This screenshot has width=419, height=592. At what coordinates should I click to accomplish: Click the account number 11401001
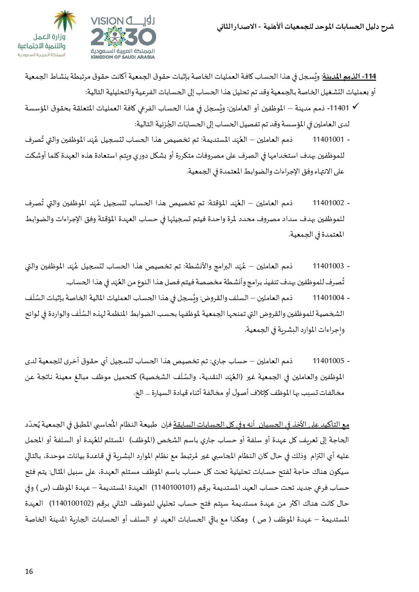[x=328, y=139]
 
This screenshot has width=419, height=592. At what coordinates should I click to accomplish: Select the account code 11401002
[x=328, y=203]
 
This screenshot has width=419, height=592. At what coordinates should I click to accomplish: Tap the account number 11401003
[x=328, y=266]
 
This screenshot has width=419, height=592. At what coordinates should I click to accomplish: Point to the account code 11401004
[x=328, y=298]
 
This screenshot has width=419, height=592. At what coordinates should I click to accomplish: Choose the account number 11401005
[x=328, y=361]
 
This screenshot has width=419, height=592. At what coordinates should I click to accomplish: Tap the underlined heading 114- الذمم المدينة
[x=349, y=77]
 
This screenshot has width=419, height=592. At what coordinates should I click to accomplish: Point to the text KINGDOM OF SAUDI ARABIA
[x=122, y=57]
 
